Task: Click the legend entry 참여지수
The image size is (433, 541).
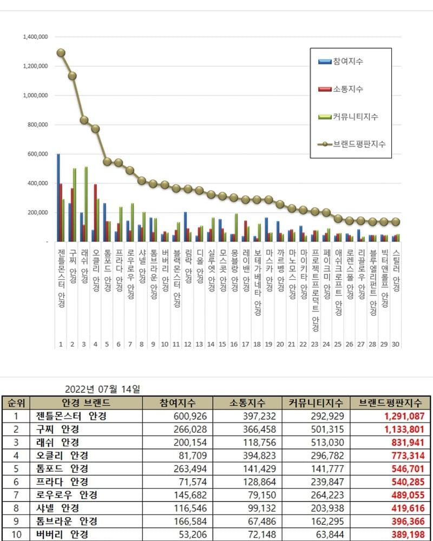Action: click(x=348, y=62)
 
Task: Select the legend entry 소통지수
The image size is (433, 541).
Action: click(x=348, y=89)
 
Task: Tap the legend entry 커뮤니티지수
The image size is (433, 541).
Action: click(x=355, y=116)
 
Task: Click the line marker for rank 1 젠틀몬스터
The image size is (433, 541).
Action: click(x=61, y=53)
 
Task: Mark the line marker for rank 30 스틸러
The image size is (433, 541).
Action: click(x=396, y=222)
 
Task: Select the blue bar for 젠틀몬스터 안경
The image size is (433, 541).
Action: click(x=58, y=197)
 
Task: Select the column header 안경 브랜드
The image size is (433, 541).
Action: click(x=86, y=403)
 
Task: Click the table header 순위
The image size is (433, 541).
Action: click(x=16, y=403)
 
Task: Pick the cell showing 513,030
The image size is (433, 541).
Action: click(x=324, y=442)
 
